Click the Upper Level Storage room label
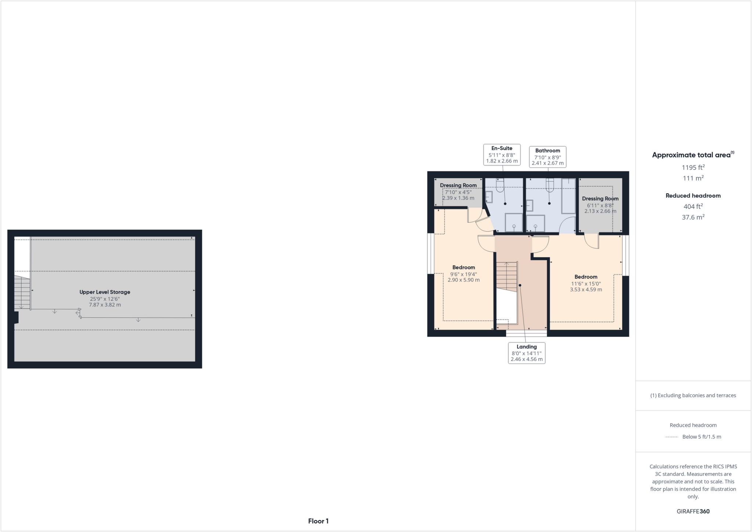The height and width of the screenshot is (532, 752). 105,292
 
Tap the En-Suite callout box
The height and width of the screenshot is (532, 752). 502,155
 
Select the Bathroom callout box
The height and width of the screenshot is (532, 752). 547,157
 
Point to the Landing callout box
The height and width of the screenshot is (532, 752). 527,353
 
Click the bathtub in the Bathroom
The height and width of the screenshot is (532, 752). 568,196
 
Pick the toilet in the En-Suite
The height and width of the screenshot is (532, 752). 500,185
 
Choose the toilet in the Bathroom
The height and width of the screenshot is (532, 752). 549,185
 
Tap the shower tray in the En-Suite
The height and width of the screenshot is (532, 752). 514,223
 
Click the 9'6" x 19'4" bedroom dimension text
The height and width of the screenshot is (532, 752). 463,274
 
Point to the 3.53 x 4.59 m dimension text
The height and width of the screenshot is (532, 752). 586,290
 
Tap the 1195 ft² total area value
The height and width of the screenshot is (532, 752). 693,168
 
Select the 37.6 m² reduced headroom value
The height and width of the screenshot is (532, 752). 693,217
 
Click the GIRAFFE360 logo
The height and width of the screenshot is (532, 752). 693,511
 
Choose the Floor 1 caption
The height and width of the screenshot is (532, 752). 318,521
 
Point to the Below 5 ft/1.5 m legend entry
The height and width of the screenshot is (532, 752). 701,437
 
